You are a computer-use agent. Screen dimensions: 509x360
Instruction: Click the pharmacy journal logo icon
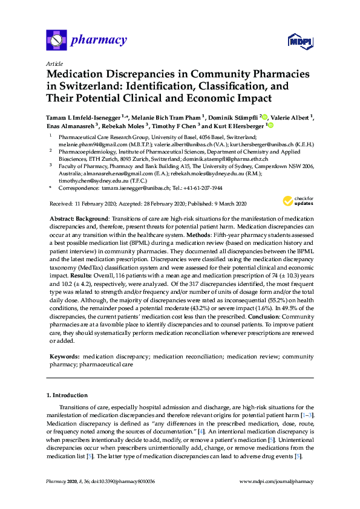56,41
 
